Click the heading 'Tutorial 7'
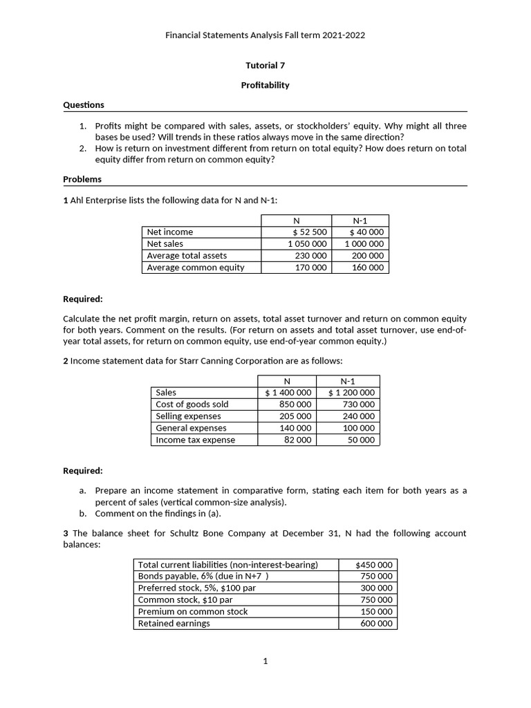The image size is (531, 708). click(x=265, y=66)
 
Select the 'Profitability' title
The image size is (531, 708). click(x=265, y=85)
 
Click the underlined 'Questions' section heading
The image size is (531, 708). click(x=84, y=105)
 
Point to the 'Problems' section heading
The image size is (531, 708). click(x=82, y=179)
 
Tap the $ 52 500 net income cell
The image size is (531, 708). click(x=310, y=232)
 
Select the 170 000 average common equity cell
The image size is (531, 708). click(x=310, y=268)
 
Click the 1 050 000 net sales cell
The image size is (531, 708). click(x=308, y=244)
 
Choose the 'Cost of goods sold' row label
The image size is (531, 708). click(x=192, y=404)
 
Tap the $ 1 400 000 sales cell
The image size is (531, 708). click(x=288, y=393)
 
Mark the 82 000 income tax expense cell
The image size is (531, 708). click(x=298, y=440)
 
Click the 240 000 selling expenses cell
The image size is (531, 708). click(x=358, y=416)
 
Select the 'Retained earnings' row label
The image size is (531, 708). click(x=174, y=624)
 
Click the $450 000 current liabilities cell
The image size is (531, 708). click(x=374, y=565)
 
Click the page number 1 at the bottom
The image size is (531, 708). click(x=265, y=662)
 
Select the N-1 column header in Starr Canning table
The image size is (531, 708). click(x=349, y=381)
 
